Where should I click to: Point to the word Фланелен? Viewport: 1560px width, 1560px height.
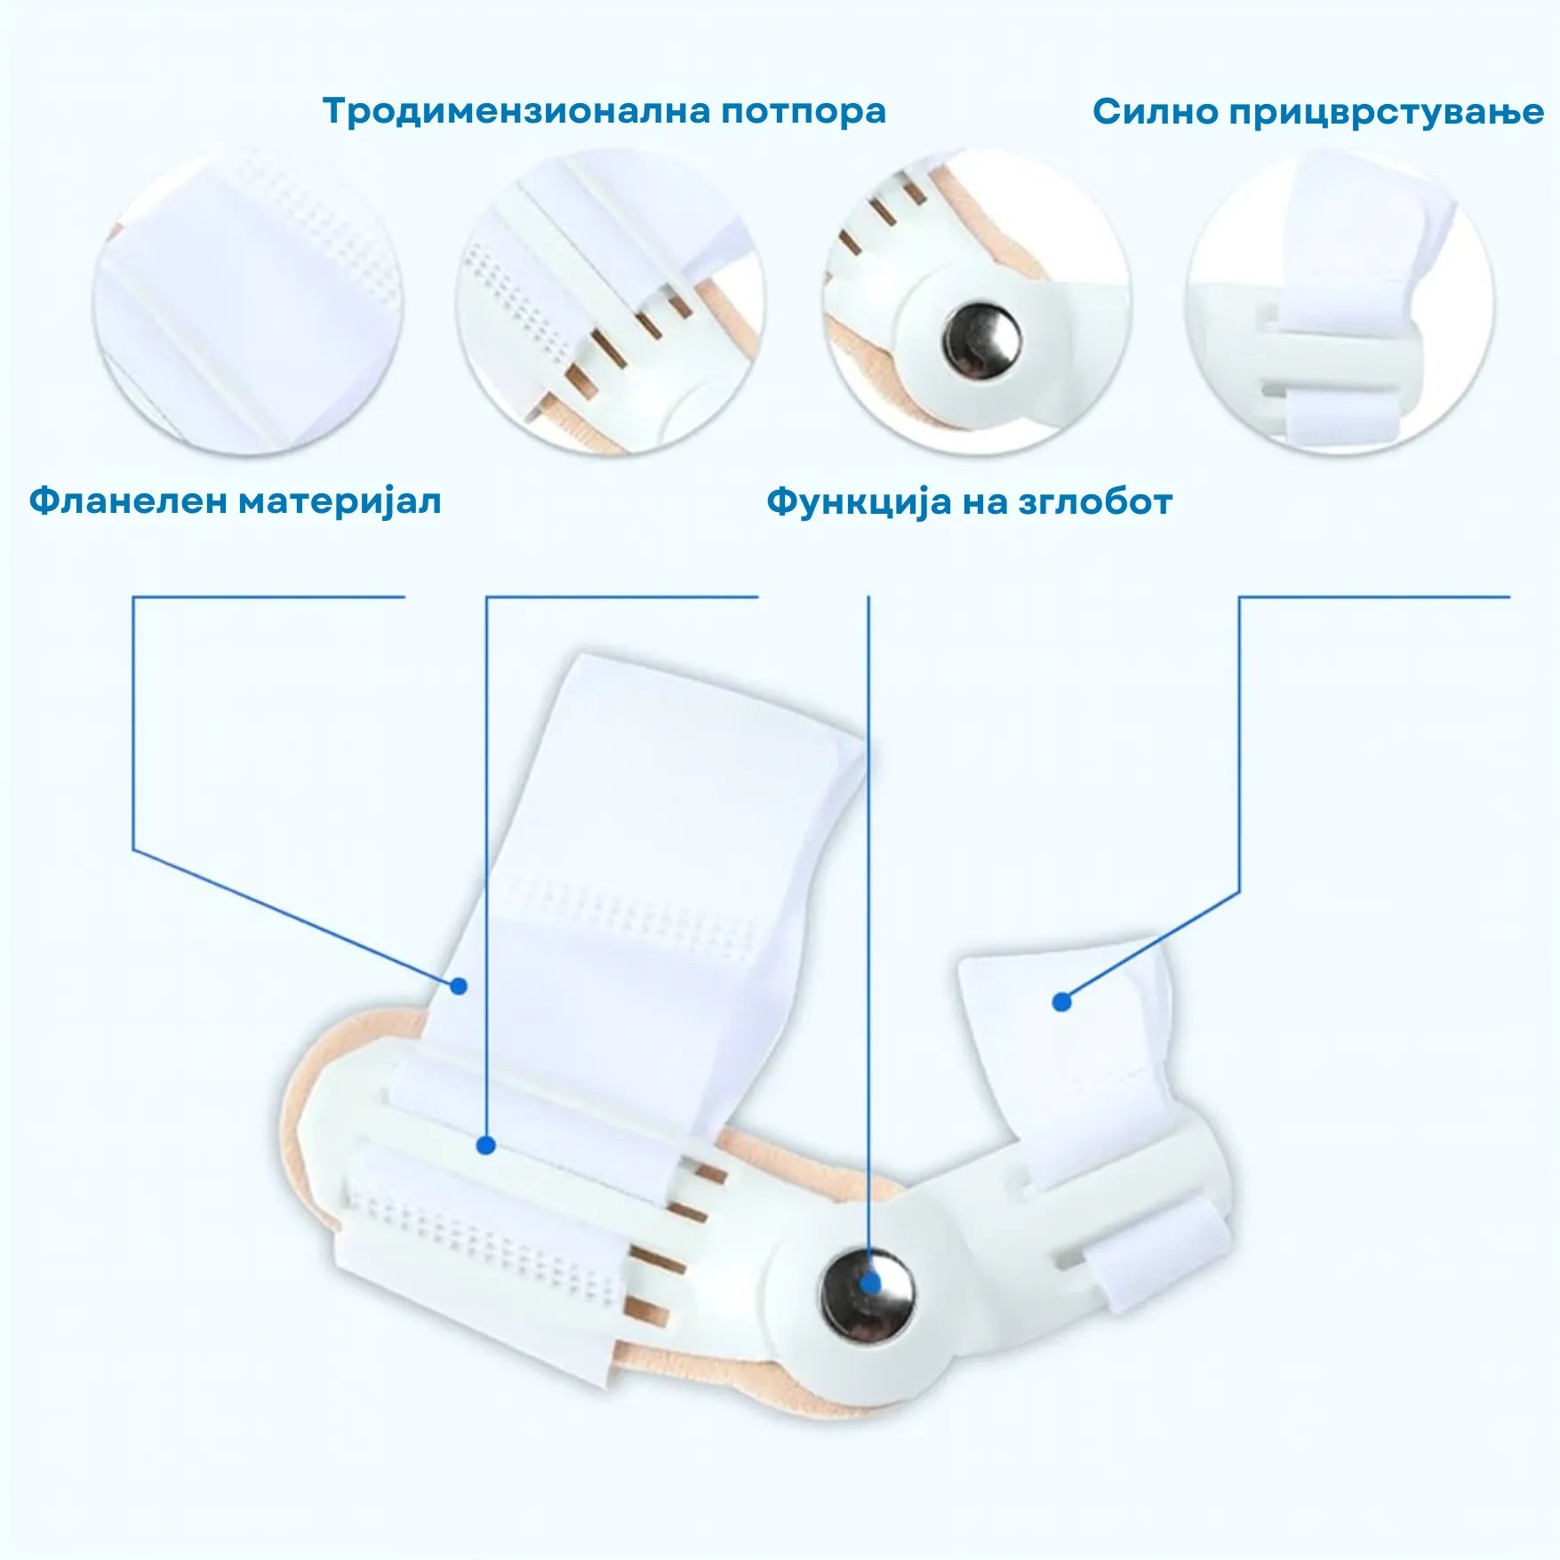[x=128, y=501]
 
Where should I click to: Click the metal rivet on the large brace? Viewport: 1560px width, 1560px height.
[x=868, y=1293]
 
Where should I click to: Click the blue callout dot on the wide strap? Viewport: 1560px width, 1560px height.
[x=459, y=986]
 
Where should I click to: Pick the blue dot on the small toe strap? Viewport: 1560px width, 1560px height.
[x=1061, y=1002]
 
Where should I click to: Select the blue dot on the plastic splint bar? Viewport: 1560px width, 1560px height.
[x=485, y=1146]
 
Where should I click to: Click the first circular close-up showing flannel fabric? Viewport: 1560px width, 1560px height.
[x=249, y=302]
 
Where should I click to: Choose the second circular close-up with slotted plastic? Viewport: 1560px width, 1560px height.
[x=612, y=302]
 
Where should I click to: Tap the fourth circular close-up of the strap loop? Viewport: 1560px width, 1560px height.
[x=1340, y=302]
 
